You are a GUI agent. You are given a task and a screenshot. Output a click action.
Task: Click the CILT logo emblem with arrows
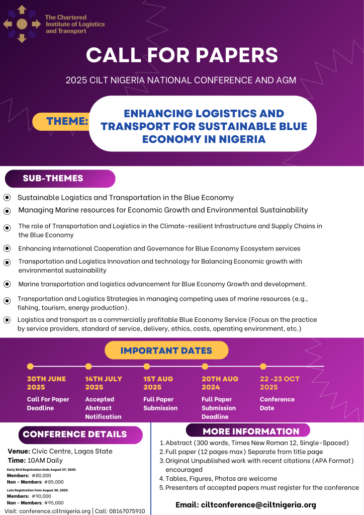pos(22,24)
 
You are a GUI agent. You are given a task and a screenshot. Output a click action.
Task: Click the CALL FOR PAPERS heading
pos(181,55)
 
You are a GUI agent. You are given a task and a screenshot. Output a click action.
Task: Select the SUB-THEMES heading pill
pos(53,179)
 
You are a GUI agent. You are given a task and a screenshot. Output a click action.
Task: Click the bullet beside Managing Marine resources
pos(7,211)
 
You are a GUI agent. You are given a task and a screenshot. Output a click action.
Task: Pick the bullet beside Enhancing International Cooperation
pos(7,248)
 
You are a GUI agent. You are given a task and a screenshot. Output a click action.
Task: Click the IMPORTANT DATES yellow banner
pos(166,351)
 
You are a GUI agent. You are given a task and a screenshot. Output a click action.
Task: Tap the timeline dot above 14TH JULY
pos(88,366)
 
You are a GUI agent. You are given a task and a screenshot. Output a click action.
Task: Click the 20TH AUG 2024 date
pos(220,383)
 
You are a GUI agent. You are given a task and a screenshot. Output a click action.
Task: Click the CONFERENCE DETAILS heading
pos(75,434)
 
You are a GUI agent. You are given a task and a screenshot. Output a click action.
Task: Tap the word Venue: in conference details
pos(19,451)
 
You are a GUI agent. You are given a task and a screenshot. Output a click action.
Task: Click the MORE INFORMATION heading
pos(251,431)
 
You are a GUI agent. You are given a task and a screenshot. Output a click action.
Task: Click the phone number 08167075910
pos(127,511)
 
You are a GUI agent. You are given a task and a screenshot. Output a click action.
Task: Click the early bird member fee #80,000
pos(41,475)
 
